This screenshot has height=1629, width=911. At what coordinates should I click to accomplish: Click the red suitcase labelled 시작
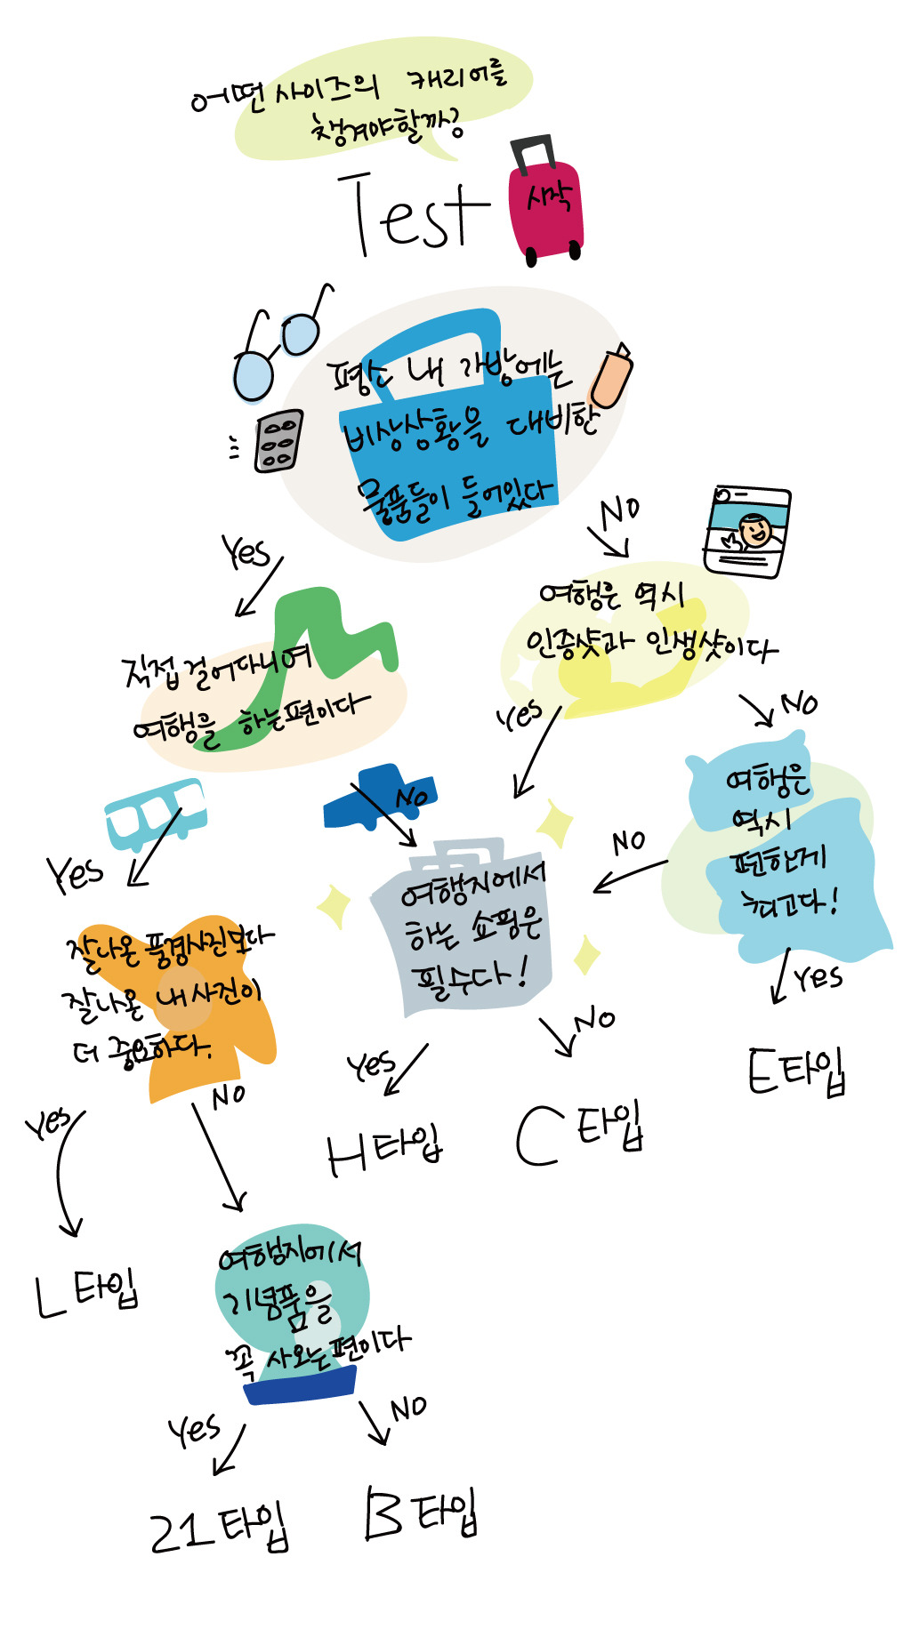pyautogui.click(x=545, y=209)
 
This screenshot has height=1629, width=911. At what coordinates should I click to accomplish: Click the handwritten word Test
pyautogui.click(x=413, y=215)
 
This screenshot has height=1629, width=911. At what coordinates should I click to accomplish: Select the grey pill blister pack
pyautogui.click(x=278, y=439)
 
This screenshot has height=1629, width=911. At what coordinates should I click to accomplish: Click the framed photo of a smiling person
pyautogui.click(x=746, y=532)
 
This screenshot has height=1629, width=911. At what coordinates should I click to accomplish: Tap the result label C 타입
pyautogui.click(x=578, y=1132)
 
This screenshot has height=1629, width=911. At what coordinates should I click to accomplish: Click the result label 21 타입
pyautogui.click(x=219, y=1528)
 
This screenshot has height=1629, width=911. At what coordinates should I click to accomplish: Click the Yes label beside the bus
pyautogui.click(x=75, y=873)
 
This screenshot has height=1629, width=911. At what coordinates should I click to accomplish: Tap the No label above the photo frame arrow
pyautogui.click(x=619, y=511)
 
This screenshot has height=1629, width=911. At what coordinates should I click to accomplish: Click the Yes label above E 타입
pyautogui.click(x=818, y=977)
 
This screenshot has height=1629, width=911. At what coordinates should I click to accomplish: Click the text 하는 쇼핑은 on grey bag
pyautogui.click(x=473, y=928)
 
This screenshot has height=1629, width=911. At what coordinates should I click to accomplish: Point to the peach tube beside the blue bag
pyautogui.click(x=611, y=377)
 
